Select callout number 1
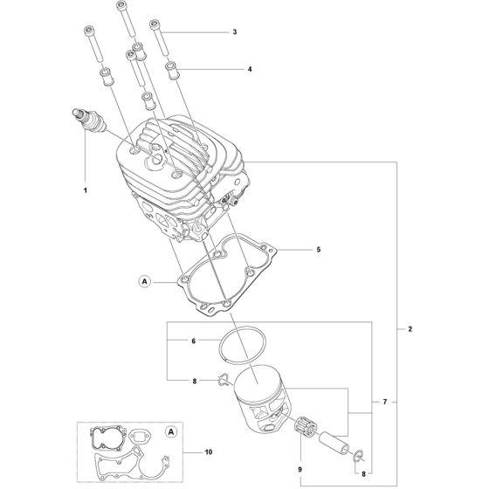pos(86,189)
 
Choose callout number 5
pos(319,250)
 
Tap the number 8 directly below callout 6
pos(195,380)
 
